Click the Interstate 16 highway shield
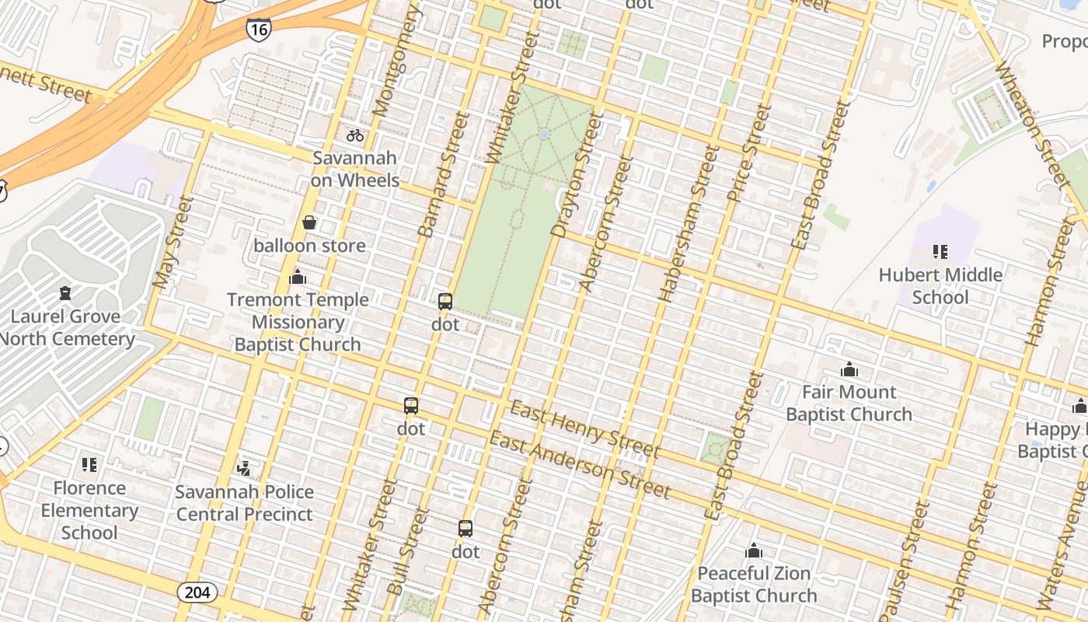tap(259, 29)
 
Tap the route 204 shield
tap(197, 592)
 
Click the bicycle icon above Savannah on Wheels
tap(355, 135)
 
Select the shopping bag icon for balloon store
tap(309, 223)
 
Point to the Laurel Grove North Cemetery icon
tap(65, 294)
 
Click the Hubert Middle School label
tap(940, 286)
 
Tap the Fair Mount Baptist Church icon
tap(849, 369)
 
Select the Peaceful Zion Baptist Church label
tap(754, 585)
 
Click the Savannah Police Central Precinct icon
tap(244, 468)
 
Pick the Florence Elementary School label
tap(89, 510)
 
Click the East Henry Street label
tap(584, 428)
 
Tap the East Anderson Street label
tap(579, 465)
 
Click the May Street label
tap(173, 243)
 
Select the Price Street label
tap(748, 154)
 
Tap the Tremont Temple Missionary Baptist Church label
tap(298, 322)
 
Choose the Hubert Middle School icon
tap(940, 252)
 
